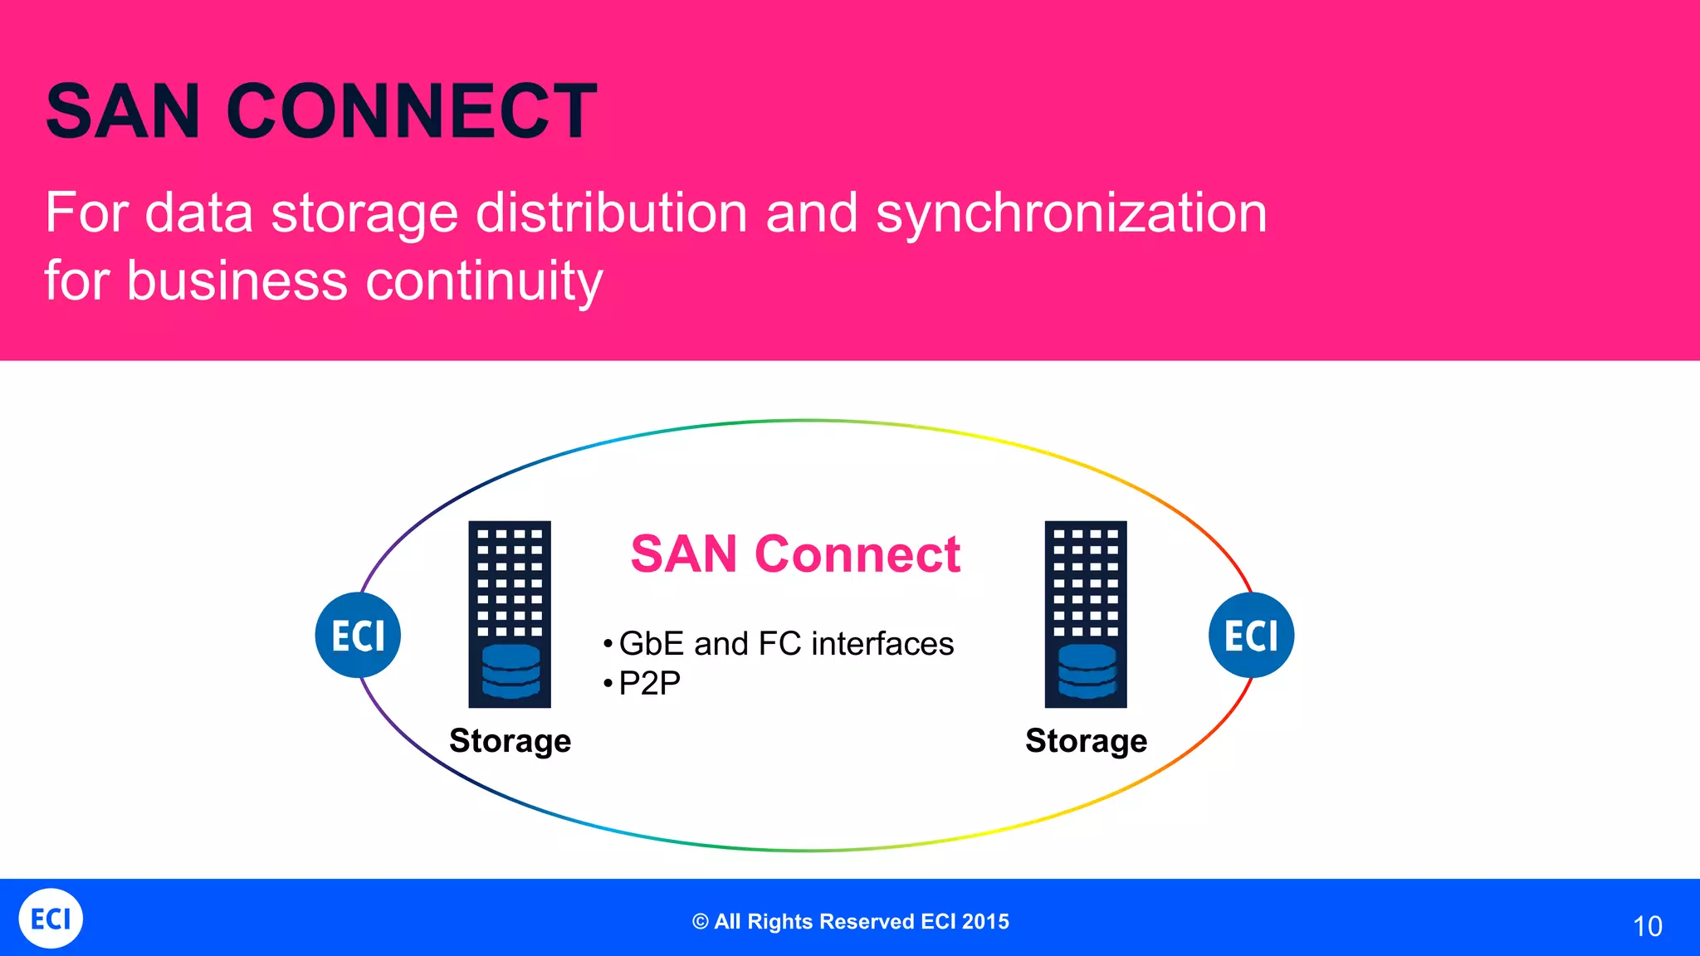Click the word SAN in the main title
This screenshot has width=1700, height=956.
tap(123, 111)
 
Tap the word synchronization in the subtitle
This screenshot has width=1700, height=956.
tap(1071, 213)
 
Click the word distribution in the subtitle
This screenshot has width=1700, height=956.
tap(611, 213)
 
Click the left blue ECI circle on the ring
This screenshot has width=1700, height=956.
tap(358, 636)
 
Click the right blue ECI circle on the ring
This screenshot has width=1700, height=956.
tap(1251, 636)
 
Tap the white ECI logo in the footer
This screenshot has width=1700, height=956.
tap(51, 919)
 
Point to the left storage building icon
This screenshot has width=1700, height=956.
tap(510, 581)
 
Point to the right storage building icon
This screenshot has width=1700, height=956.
tap(1086, 581)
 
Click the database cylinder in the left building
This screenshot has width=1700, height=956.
tap(510, 671)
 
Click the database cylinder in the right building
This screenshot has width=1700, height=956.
tap(1087, 671)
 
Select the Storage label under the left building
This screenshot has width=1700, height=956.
tap(510, 740)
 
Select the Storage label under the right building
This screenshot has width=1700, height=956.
tap(1086, 740)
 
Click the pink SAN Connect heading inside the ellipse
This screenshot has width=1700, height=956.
tap(795, 554)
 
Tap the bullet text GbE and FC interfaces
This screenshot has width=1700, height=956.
tap(785, 644)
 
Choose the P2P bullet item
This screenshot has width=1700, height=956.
tap(649, 683)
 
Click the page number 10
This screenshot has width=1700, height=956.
tap(1647, 926)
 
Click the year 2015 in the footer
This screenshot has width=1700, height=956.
tap(986, 922)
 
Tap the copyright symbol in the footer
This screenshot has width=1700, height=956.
tap(701, 922)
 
